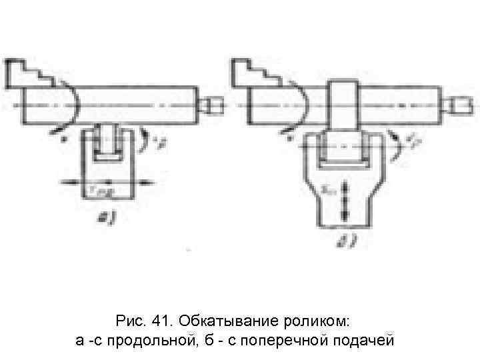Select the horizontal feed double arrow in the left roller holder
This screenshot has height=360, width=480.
107,181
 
